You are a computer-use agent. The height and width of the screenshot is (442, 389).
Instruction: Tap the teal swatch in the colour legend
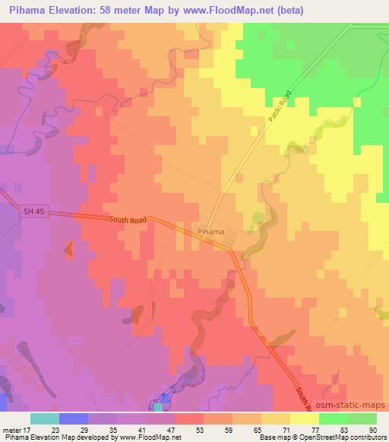point(45,418)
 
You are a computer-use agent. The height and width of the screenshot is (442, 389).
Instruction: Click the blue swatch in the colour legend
point(74,418)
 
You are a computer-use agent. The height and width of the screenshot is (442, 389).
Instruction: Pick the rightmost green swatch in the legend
point(362,418)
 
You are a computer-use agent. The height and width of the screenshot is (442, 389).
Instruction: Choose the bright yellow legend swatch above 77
point(305,418)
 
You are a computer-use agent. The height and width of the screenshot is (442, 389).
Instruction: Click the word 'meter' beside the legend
point(11,429)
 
